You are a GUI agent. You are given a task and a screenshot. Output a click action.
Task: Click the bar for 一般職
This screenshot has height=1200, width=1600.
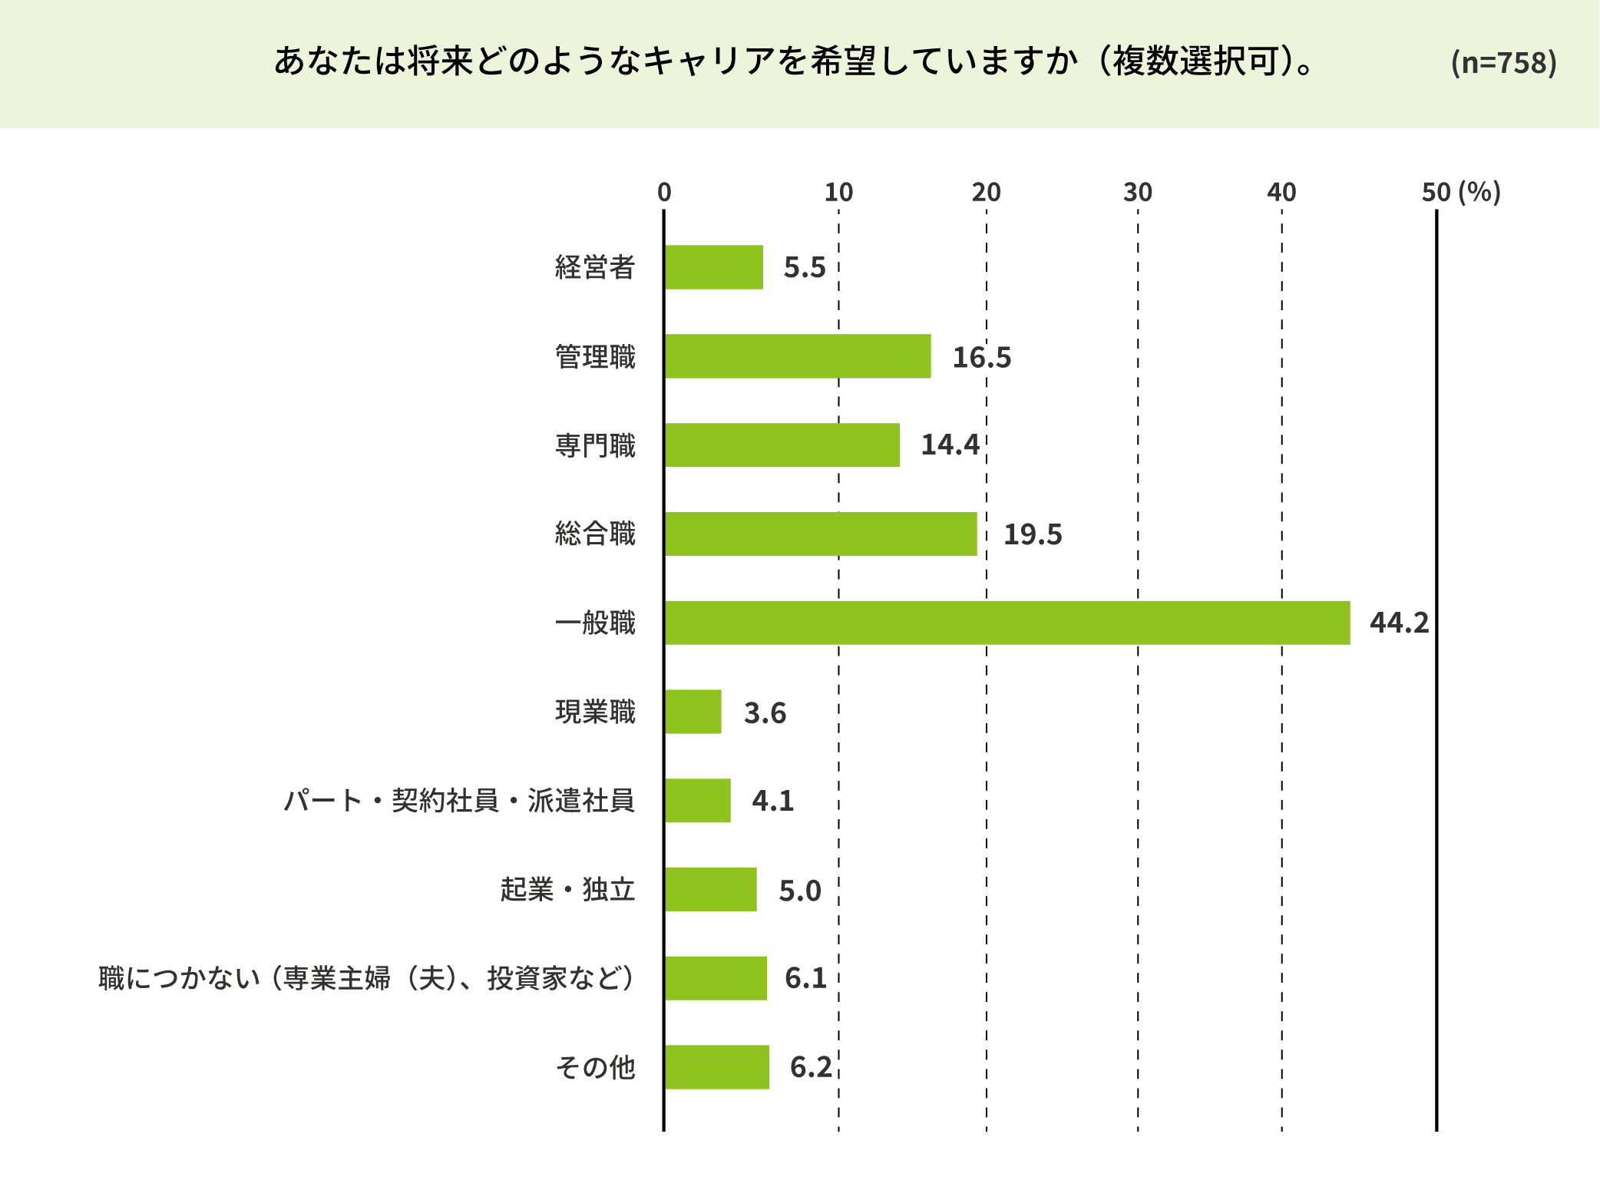pyautogui.click(x=1007, y=623)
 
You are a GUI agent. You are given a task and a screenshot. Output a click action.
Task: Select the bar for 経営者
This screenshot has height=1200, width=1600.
pyautogui.click(x=713, y=267)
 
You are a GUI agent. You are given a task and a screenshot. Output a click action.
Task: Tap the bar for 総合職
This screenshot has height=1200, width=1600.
pyautogui.click(x=820, y=534)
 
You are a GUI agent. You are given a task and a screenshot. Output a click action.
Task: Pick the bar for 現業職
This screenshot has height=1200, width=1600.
pyautogui.click(x=693, y=712)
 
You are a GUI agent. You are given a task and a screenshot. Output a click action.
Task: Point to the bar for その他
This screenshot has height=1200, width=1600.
pyautogui.click(x=716, y=1066)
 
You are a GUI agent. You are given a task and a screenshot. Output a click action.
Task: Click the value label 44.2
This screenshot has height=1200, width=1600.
pyautogui.click(x=1399, y=623)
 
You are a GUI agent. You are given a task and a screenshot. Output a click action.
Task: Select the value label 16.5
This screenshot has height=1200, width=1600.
pyautogui.click(x=981, y=357)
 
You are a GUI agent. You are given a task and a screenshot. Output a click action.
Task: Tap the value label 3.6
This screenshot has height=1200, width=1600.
pyautogui.click(x=765, y=712)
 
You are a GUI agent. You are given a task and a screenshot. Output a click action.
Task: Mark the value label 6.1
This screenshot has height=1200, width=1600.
pyautogui.click(x=805, y=978)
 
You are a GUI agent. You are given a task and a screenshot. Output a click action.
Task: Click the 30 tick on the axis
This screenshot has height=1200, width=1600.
pyautogui.click(x=1137, y=192)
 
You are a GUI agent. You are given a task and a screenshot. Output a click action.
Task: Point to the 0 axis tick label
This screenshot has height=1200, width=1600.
pyautogui.click(x=664, y=192)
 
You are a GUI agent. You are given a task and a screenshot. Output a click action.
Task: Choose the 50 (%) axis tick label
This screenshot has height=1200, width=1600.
pyautogui.click(x=1460, y=192)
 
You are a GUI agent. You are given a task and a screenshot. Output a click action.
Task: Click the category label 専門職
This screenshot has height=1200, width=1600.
pyautogui.click(x=595, y=445)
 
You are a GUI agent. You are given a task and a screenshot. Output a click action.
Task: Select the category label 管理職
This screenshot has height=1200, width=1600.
pyautogui.click(x=595, y=357)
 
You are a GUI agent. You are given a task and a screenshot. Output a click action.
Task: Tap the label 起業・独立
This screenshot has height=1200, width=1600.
pyautogui.click(x=567, y=889)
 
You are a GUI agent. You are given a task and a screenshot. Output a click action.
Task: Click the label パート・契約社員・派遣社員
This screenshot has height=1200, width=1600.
pyautogui.click(x=459, y=801)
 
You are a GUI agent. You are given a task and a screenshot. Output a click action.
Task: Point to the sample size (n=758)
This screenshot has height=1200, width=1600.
pyautogui.click(x=1503, y=62)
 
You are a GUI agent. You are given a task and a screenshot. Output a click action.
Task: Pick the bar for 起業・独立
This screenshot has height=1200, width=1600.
pyautogui.click(x=710, y=889)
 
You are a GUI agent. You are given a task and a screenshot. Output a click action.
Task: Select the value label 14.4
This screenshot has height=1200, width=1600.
pyautogui.click(x=950, y=445)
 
